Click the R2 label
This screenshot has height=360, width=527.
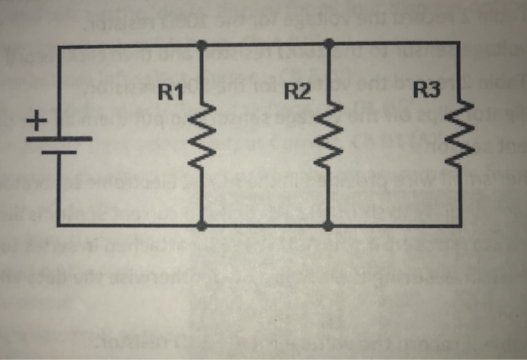point(299,93)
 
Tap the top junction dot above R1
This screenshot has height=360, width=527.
point(201,46)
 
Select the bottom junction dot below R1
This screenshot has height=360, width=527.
point(201,224)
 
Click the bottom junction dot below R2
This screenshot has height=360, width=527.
point(327,224)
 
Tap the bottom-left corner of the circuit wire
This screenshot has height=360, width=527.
point(59,224)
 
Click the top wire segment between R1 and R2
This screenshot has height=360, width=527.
point(263,46)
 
